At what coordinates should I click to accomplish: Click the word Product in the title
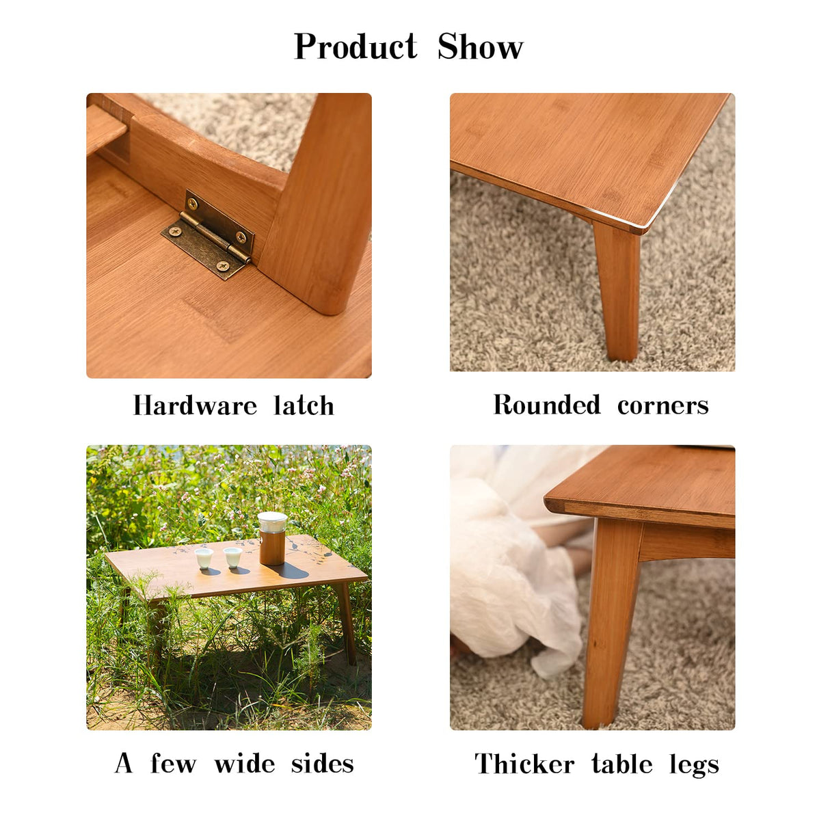point(355,47)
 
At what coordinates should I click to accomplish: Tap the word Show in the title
point(480,47)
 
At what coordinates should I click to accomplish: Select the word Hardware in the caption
point(195,405)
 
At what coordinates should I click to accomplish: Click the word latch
point(304,405)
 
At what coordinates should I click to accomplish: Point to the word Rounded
point(547,405)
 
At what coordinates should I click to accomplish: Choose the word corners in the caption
point(662,405)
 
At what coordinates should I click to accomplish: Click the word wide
point(245,763)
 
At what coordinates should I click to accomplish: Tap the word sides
point(322,763)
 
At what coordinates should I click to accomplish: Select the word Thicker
point(524,764)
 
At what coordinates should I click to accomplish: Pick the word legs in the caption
point(694,764)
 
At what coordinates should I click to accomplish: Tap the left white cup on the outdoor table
point(204,558)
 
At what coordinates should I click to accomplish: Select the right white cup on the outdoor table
point(232,557)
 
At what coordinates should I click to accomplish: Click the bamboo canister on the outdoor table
point(272,547)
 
